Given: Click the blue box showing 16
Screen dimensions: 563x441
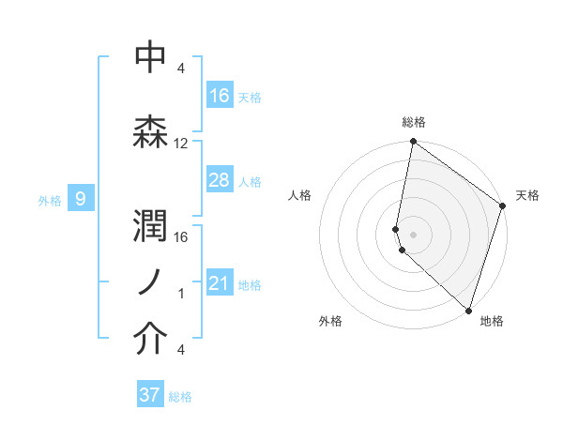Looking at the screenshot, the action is pyautogui.click(x=220, y=96).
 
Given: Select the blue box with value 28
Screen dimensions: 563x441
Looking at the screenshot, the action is pyautogui.click(x=220, y=180).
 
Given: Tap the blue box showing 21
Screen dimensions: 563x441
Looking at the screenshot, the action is pyautogui.click(x=220, y=283).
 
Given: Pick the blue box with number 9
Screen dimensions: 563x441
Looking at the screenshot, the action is pyautogui.click(x=82, y=198).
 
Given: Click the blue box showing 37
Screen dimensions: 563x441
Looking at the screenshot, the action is pyautogui.click(x=150, y=395).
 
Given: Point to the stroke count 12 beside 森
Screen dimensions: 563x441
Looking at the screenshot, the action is pyautogui.click(x=181, y=144).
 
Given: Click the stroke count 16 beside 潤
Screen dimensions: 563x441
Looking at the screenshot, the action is pyautogui.click(x=181, y=236).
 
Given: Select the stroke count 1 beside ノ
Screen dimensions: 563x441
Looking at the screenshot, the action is pyautogui.click(x=181, y=294).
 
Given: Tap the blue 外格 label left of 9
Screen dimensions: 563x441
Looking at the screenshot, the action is pyautogui.click(x=50, y=199).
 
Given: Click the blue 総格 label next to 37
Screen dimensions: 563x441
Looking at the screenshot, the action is pyautogui.click(x=181, y=396).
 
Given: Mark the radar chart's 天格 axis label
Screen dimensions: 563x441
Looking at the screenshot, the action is pyautogui.click(x=527, y=195).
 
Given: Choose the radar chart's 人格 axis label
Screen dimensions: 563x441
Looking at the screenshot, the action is pyautogui.click(x=299, y=195).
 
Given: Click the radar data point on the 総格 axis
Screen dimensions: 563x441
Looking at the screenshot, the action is pyautogui.click(x=413, y=143).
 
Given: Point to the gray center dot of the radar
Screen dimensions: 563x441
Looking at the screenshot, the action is pyautogui.click(x=414, y=233).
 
